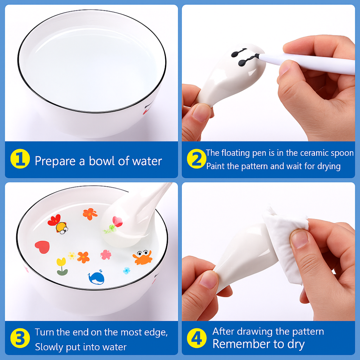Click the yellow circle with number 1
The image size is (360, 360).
(x=20, y=160)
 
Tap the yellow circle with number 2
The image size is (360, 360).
(x=197, y=160)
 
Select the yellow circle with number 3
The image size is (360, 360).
(x=20, y=339)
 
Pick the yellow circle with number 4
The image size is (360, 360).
(x=197, y=339)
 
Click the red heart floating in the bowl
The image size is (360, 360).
(x=42, y=247)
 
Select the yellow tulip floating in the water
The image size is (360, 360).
(x=62, y=266)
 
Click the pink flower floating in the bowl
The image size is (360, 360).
(x=106, y=255)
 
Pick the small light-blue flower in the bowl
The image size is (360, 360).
(x=126, y=270)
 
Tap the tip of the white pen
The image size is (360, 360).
(x=258, y=56)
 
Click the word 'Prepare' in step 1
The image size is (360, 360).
(x=55, y=161)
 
